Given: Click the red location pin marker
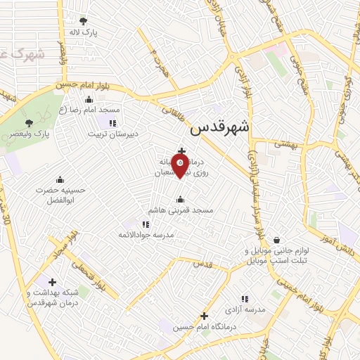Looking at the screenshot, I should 181,167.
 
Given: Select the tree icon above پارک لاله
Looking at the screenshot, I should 84,20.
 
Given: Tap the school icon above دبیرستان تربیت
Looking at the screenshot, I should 112,122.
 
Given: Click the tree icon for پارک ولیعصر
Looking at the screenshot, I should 29,122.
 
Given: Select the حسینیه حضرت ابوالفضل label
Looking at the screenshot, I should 59,195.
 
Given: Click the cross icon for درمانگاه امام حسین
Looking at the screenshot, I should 205,316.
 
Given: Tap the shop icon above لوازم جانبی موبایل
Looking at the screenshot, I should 276,240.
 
